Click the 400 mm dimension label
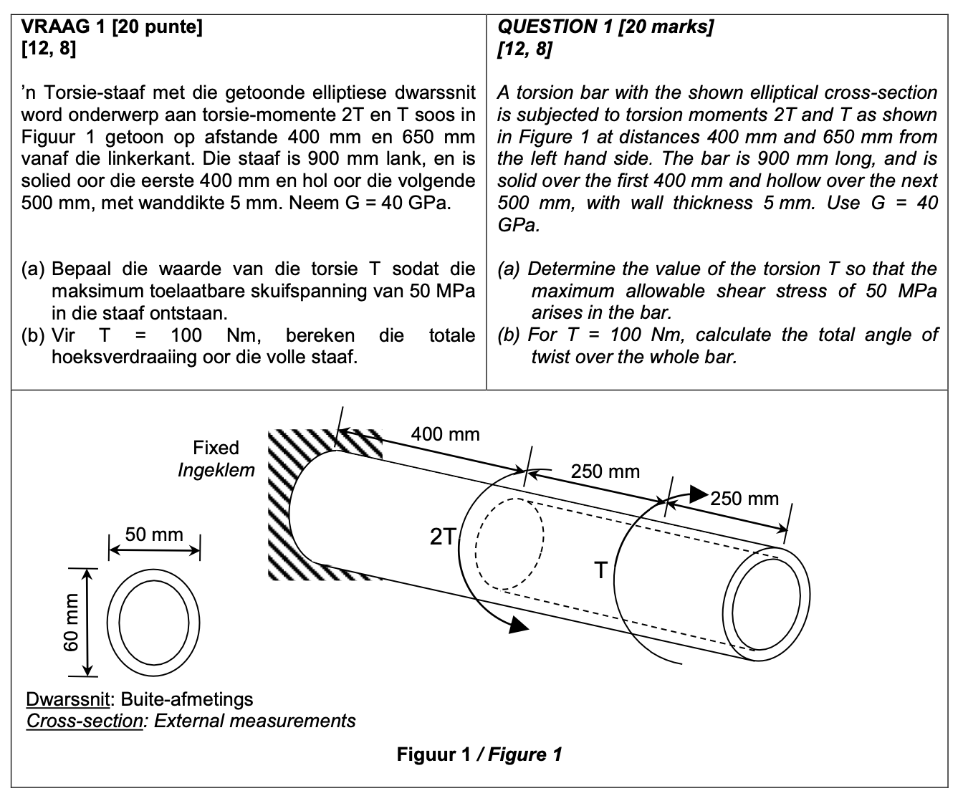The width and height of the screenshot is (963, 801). point(445,434)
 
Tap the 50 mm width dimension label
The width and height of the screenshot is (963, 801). point(154,534)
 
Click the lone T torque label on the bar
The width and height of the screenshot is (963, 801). point(600,570)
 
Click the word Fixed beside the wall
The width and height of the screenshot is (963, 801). point(216,448)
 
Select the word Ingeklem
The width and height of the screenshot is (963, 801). point(216,470)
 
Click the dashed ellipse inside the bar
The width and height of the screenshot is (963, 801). point(509,545)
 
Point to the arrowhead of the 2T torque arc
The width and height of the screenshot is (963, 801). point(517,625)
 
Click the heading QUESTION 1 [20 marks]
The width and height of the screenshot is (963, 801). point(605,27)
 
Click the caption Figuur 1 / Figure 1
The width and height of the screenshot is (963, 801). point(479,754)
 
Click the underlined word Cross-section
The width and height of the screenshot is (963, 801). point(85,721)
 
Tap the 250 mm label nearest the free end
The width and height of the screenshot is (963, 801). point(744,499)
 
